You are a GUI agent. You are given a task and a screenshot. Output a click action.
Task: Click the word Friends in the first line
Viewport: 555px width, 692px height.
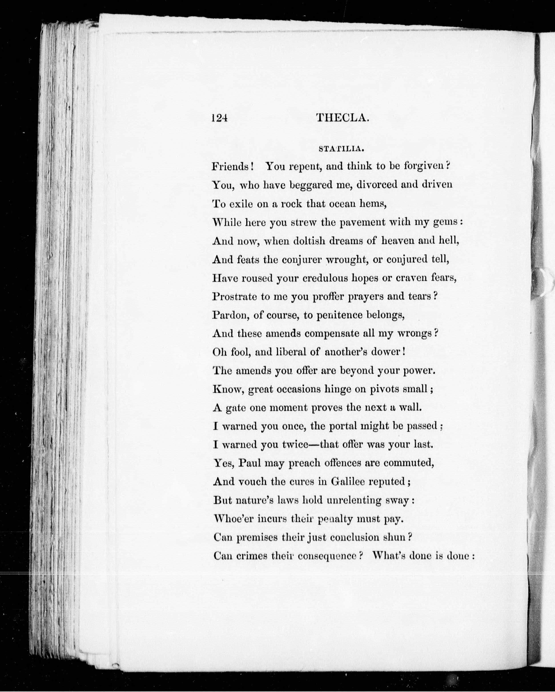click(x=231, y=166)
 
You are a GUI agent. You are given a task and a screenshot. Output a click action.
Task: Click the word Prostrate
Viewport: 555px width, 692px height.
click(x=234, y=297)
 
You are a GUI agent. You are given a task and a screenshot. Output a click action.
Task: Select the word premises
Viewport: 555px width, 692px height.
click(x=257, y=537)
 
